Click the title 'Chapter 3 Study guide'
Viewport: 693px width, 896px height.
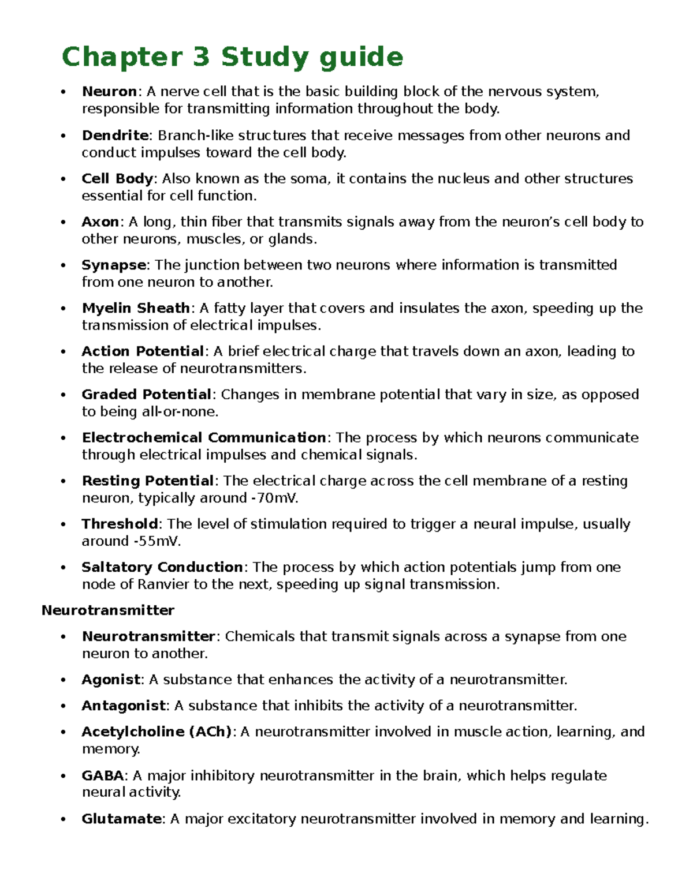click(232, 57)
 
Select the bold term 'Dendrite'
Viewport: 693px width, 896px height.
click(115, 135)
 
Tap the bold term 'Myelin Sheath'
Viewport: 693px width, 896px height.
click(136, 308)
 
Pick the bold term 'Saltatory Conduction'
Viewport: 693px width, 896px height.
click(162, 567)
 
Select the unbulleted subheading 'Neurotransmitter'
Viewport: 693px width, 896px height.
click(108, 610)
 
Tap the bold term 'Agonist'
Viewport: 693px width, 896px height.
click(111, 680)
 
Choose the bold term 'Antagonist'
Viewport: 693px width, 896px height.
click(124, 706)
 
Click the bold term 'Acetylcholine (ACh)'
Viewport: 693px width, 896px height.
click(157, 732)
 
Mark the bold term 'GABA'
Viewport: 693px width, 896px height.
click(103, 775)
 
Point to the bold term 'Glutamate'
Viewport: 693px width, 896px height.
click(121, 819)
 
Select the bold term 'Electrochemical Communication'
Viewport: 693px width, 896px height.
click(204, 437)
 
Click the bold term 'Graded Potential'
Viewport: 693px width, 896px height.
click(146, 394)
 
